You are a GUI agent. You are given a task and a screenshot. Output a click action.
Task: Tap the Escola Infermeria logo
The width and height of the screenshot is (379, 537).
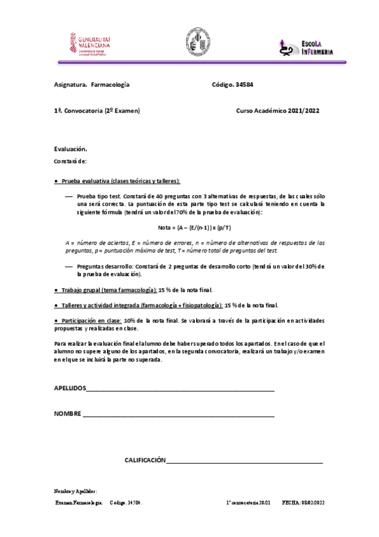(x=306, y=46)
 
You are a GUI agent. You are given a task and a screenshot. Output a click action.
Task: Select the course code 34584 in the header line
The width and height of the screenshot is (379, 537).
(x=244, y=84)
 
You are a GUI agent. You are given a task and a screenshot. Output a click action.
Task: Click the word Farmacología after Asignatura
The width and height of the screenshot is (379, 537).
(x=110, y=84)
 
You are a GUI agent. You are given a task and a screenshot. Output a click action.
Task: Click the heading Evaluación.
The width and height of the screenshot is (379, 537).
(x=70, y=149)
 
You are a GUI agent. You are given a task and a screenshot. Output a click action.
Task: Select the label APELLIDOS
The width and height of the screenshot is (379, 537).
(x=69, y=389)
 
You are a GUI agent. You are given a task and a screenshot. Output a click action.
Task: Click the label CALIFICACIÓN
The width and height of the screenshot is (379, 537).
(x=144, y=460)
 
